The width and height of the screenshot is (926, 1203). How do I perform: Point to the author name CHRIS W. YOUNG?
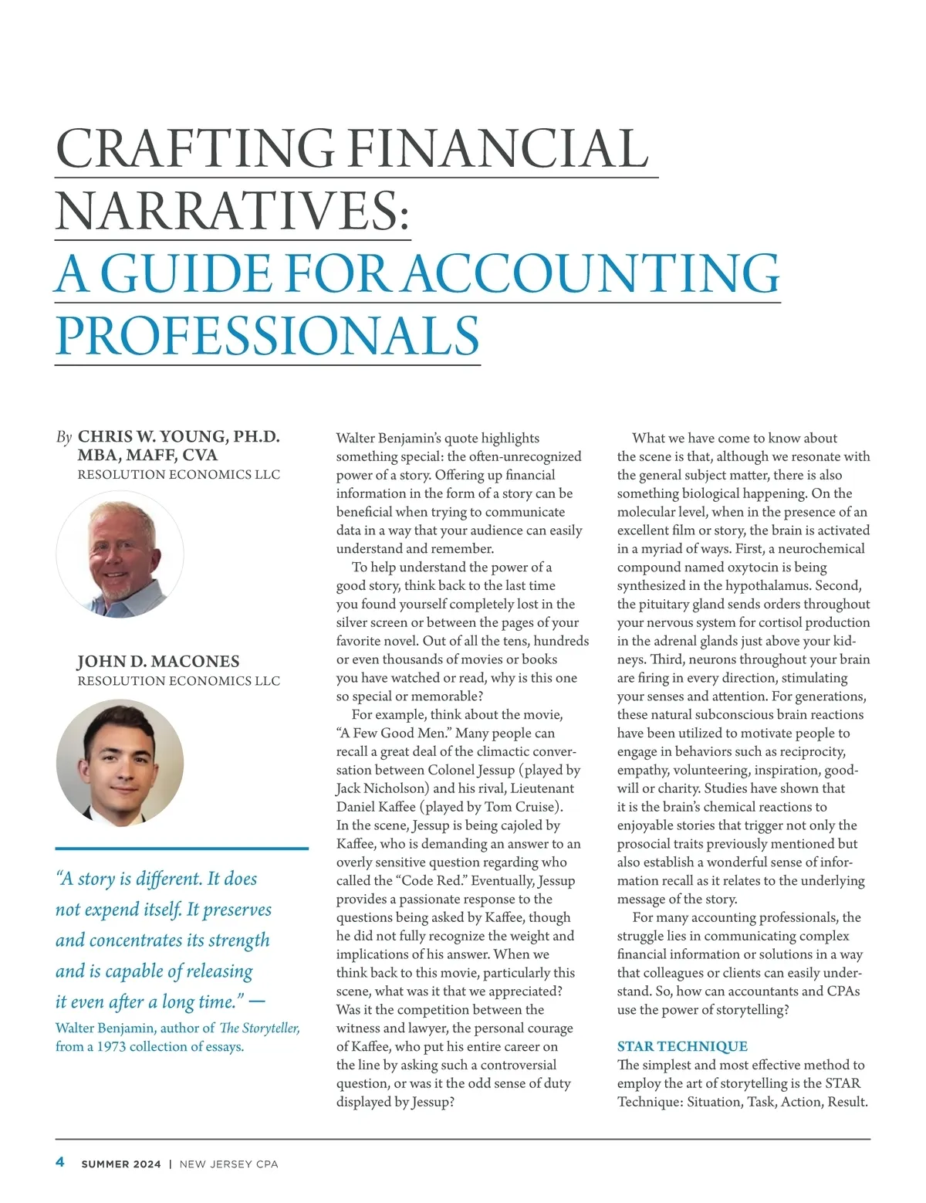pos(154,437)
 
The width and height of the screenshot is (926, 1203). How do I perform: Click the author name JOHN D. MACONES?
pos(158,662)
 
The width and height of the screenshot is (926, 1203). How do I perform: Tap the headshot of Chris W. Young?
pos(120,554)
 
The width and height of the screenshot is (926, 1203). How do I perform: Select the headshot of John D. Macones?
pos(120,763)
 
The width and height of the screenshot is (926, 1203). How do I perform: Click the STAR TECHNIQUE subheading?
pos(682,1046)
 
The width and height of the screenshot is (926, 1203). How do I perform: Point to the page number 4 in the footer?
pos(60,1163)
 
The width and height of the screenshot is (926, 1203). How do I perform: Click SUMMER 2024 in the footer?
pos(121,1164)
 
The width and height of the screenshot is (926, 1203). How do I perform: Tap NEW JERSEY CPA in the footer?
pos(228,1164)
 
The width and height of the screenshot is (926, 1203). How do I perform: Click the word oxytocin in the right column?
pos(754,568)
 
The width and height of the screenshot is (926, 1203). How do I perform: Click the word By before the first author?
pos(64,438)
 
